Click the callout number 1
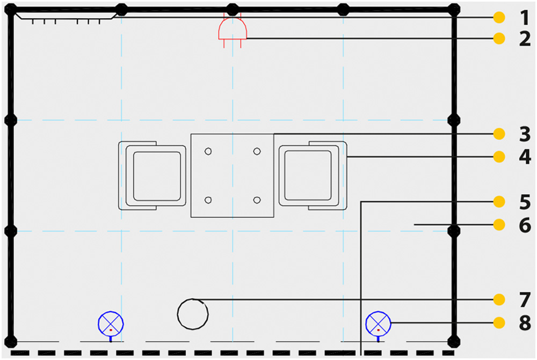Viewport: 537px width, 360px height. [x=524, y=18]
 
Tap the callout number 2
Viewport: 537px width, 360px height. [x=524, y=39]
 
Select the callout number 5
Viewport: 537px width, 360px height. [x=524, y=202]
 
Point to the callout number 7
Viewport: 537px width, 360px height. [x=524, y=299]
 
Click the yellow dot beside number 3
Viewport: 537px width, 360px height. [x=499, y=134]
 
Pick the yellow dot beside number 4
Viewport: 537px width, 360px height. [x=499, y=157]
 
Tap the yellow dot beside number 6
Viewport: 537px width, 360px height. [x=499, y=224]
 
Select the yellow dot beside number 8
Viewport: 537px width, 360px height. [x=499, y=323]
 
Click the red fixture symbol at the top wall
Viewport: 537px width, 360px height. [x=233, y=30]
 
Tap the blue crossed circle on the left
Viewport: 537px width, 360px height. [x=111, y=324]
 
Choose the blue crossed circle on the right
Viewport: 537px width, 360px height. [x=379, y=324]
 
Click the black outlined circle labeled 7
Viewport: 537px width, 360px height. [x=192, y=314]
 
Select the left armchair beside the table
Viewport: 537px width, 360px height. [x=153, y=176]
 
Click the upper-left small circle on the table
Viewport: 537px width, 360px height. [x=208, y=152]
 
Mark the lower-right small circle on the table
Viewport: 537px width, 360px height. [x=257, y=200]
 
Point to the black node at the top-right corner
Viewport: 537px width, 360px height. [x=454, y=9]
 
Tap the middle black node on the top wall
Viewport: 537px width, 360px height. [x=233, y=9]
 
